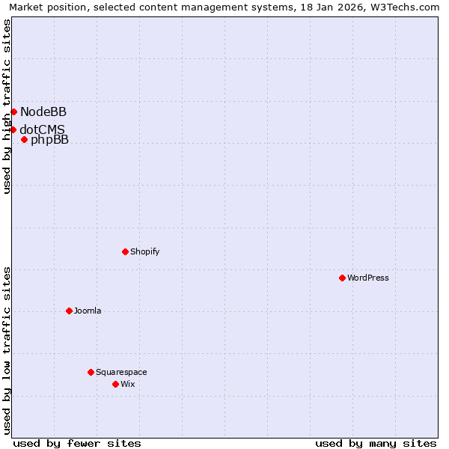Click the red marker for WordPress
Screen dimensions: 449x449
342,278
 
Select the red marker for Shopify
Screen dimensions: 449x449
125,251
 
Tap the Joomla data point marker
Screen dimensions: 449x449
69,311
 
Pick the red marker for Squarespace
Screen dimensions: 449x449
91,372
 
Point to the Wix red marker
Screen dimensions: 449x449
115,384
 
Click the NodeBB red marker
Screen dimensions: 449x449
13,112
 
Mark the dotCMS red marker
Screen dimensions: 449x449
13,129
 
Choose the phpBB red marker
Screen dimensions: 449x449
24,139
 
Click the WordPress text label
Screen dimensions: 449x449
368,278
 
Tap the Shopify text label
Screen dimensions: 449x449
144,251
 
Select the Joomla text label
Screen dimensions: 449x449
88,311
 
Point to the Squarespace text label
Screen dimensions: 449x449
121,372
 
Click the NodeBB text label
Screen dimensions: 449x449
43,112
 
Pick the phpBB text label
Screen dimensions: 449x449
49,140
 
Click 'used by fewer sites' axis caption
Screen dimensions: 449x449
77,443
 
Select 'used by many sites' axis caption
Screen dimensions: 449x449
376,443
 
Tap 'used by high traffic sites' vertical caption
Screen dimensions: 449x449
7,106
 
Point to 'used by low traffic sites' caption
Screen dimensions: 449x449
7,350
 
